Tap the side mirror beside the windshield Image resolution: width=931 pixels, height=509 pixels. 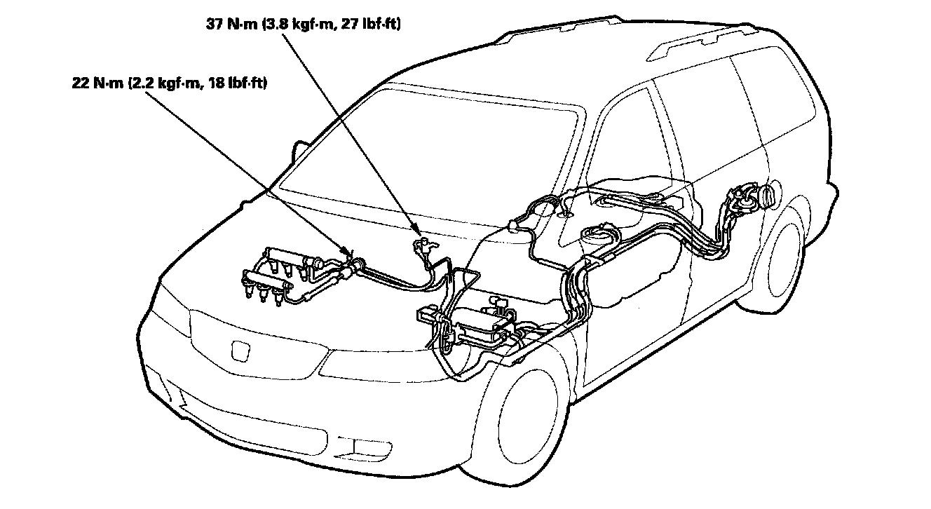(x=303, y=151)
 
